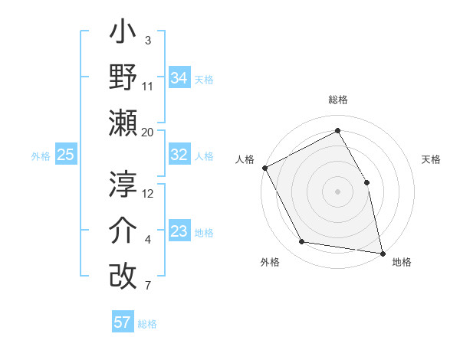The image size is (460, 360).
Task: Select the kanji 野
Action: coord(123,79)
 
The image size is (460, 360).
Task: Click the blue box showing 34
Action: coord(179,77)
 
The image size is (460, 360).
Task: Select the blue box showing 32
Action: coord(179,155)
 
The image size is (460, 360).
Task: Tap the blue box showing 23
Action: coord(179,231)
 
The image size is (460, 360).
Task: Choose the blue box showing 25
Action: coord(66,155)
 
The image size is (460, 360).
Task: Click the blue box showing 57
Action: coord(122,322)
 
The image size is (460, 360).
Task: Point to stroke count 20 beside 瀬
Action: coord(148,132)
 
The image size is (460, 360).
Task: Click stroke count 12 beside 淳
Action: coord(148,194)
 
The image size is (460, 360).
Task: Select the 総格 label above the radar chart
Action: coord(337,100)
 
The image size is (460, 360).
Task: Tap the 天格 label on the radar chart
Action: coord(431,159)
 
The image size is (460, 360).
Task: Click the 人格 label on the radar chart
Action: coord(245,159)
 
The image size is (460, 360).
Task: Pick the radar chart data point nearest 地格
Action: coord(383,252)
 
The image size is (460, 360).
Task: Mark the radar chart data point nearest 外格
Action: coord(302,242)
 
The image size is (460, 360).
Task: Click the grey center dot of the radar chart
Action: coord(337,191)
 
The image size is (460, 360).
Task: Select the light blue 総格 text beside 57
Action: coord(147,324)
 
